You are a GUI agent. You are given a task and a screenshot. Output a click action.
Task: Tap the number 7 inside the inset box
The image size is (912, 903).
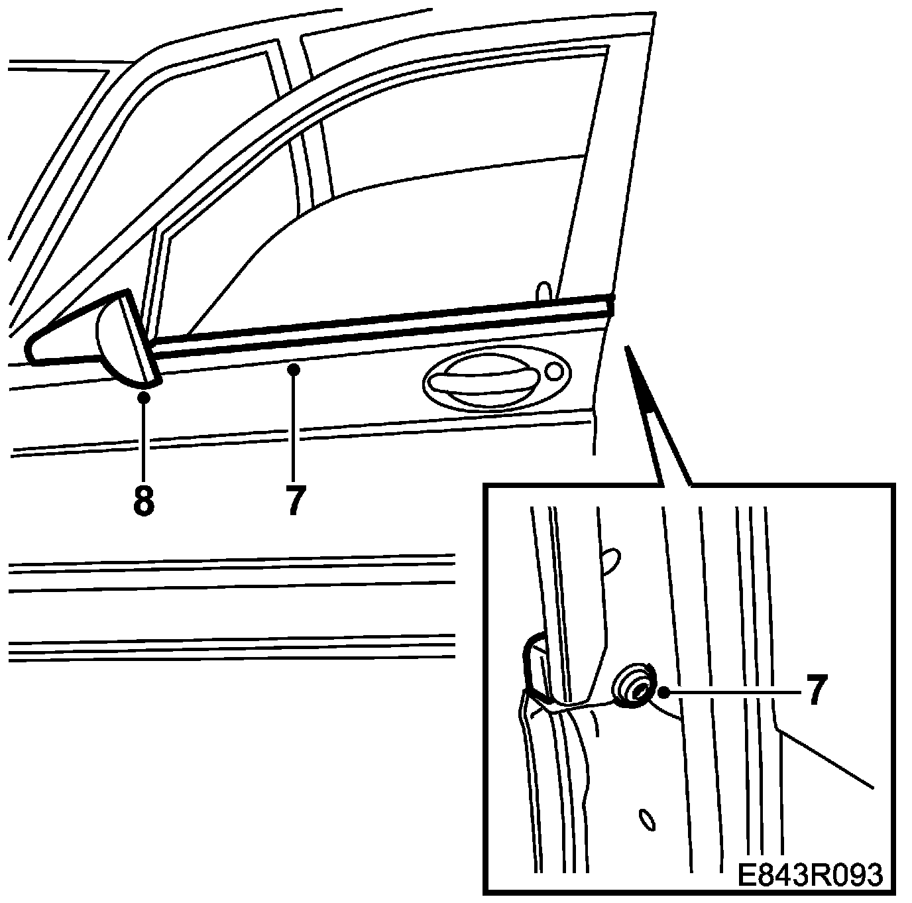(x=818, y=691)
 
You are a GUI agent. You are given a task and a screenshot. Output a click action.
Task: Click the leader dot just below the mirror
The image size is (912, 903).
(x=143, y=396)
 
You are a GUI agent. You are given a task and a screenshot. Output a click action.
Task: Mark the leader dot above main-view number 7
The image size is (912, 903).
(x=295, y=369)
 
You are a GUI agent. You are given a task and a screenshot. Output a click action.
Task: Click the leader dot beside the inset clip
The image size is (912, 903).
(x=663, y=692)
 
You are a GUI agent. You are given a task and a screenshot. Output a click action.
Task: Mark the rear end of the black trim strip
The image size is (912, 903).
(x=609, y=306)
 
